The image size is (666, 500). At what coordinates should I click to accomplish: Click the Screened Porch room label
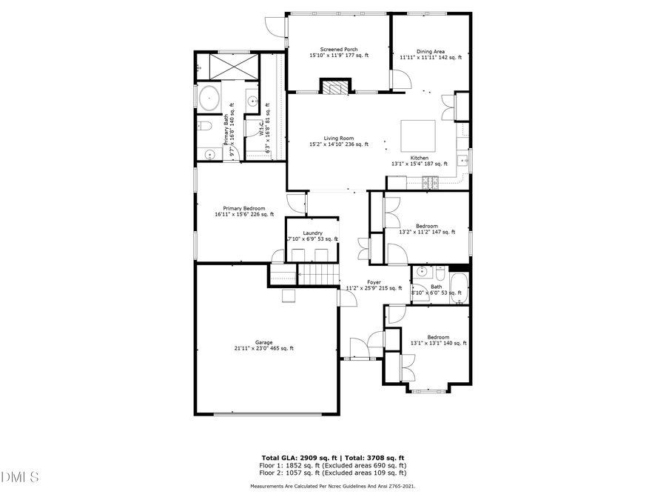[338, 50]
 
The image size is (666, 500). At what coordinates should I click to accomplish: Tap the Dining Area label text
[430, 52]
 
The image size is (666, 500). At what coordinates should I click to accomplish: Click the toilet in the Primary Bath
[206, 127]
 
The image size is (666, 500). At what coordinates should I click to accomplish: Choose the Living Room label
[337, 139]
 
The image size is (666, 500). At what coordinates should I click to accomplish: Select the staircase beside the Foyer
[317, 276]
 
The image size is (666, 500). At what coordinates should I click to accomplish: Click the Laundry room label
[312, 233]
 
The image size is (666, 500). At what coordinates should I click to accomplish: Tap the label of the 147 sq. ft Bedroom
[426, 226]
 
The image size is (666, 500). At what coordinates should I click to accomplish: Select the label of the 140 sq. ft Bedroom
[438, 338]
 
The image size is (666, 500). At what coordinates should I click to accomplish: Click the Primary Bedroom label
[243, 209]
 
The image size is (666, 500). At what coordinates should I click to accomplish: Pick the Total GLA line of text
[332, 459]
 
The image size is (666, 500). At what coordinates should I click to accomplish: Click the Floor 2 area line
[332, 473]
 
